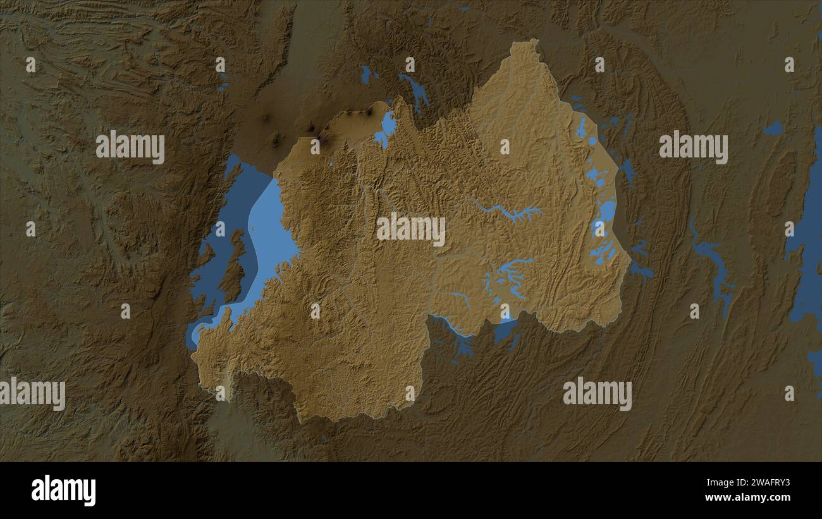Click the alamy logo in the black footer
(x=63, y=491)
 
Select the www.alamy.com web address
(x=747, y=498)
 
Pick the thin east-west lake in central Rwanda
(x=509, y=212)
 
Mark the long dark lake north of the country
(x=415, y=92)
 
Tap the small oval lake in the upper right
(x=773, y=128)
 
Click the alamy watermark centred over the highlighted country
(x=411, y=229)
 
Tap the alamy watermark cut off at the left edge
(x=32, y=393)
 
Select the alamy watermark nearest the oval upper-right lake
(x=693, y=147)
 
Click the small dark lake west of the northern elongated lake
(x=365, y=75)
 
